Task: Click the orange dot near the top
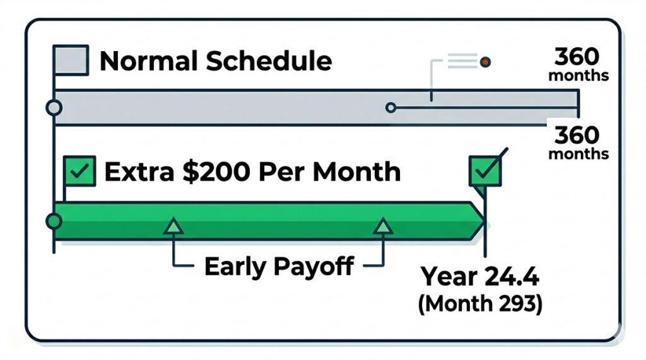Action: click(x=485, y=62)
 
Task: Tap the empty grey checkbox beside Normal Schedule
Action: click(x=71, y=60)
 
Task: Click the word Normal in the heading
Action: click(x=149, y=61)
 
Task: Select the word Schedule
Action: click(x=269, y=61)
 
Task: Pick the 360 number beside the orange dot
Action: click(x=577, y=57)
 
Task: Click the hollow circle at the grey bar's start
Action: click(x=54, y=108)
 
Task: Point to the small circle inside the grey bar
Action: click(x=391, y=108)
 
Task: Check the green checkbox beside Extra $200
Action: click(x=80, y=171)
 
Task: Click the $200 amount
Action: click(x=216, y=171)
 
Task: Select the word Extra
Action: click(x=140, y=172)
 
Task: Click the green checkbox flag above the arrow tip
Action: click(x=485, y=171)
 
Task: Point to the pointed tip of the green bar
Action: click(x=484, y=221)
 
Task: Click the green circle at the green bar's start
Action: click(x=54, y=221)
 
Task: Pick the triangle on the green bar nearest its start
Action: click(x=173, y=226)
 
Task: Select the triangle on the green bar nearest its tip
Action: click(x=383, y=226)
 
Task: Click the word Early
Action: click(x=235, y=267)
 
